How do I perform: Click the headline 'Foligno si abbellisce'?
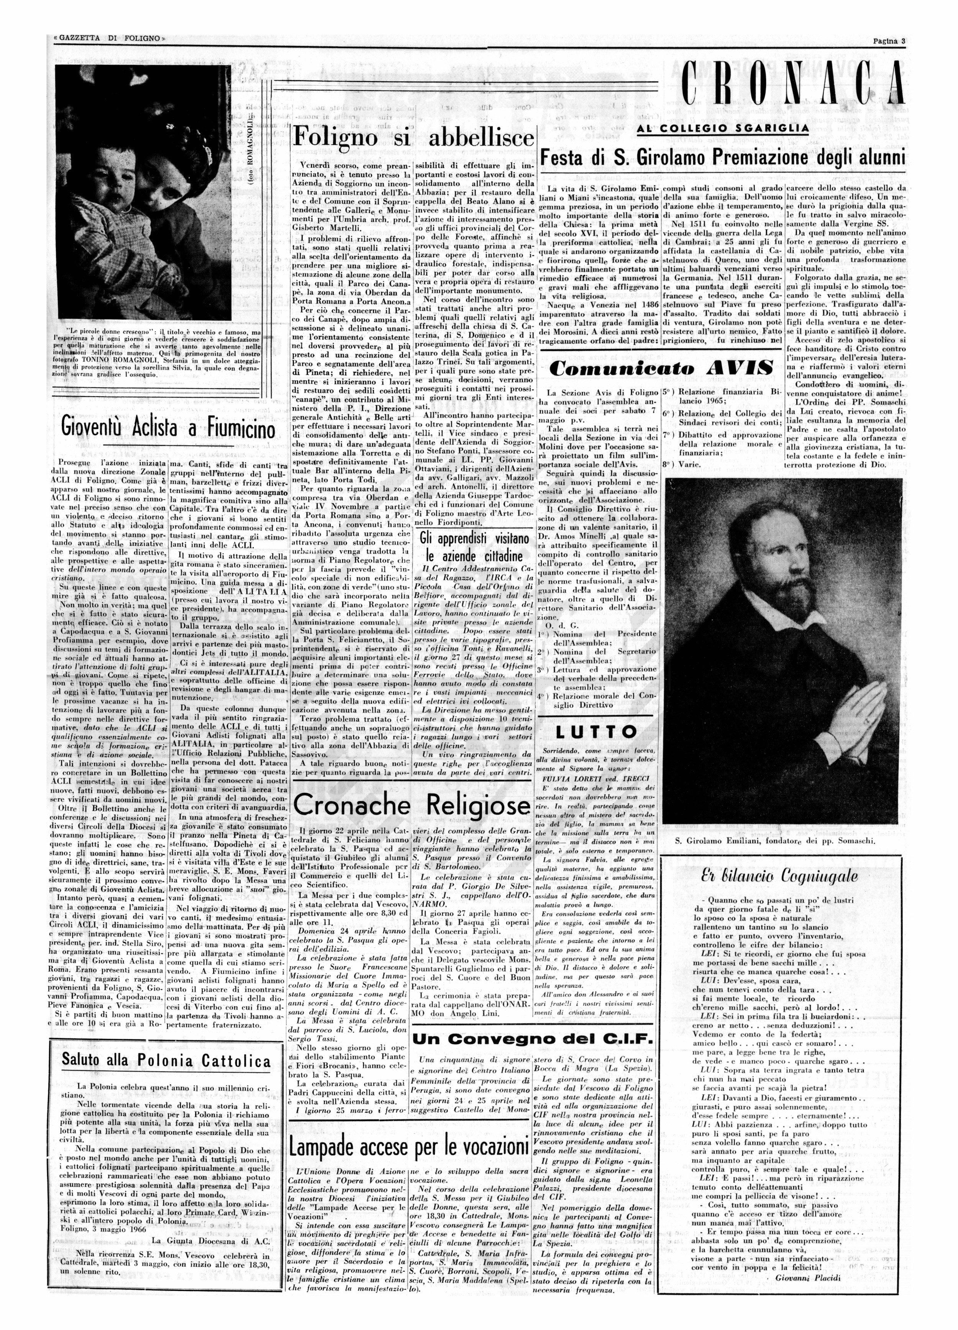(413, 138)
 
